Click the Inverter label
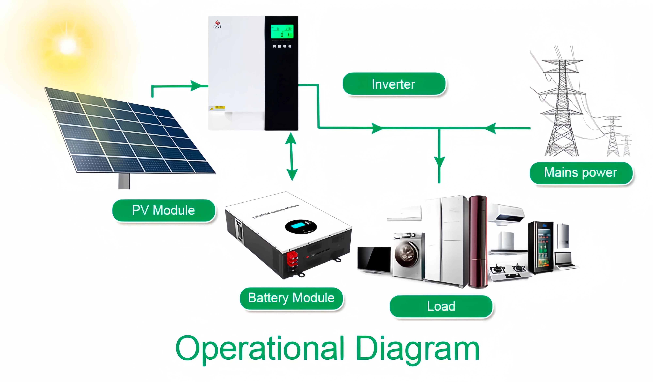click(394, 84)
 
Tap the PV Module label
click(164, 210)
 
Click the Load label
click(441, 306)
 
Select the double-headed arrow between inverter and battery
click(292, 156)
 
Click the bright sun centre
click(67, 45)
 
